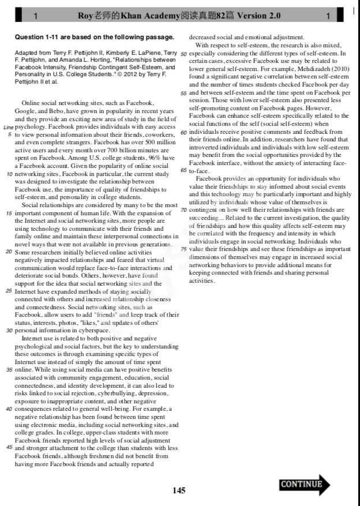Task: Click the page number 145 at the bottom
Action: pyautogui.click(x=179, y=490)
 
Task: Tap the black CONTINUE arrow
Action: pyautogui.click(x=305, y=484)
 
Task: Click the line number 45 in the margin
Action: pyautogui.click(x=9, y=447)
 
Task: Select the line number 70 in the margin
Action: pyautogui.click(x=184, y=210)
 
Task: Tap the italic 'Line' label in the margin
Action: pyautogui.click(x=8, y=126)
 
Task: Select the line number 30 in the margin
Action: pyautogui.click(x=9, y=331)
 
